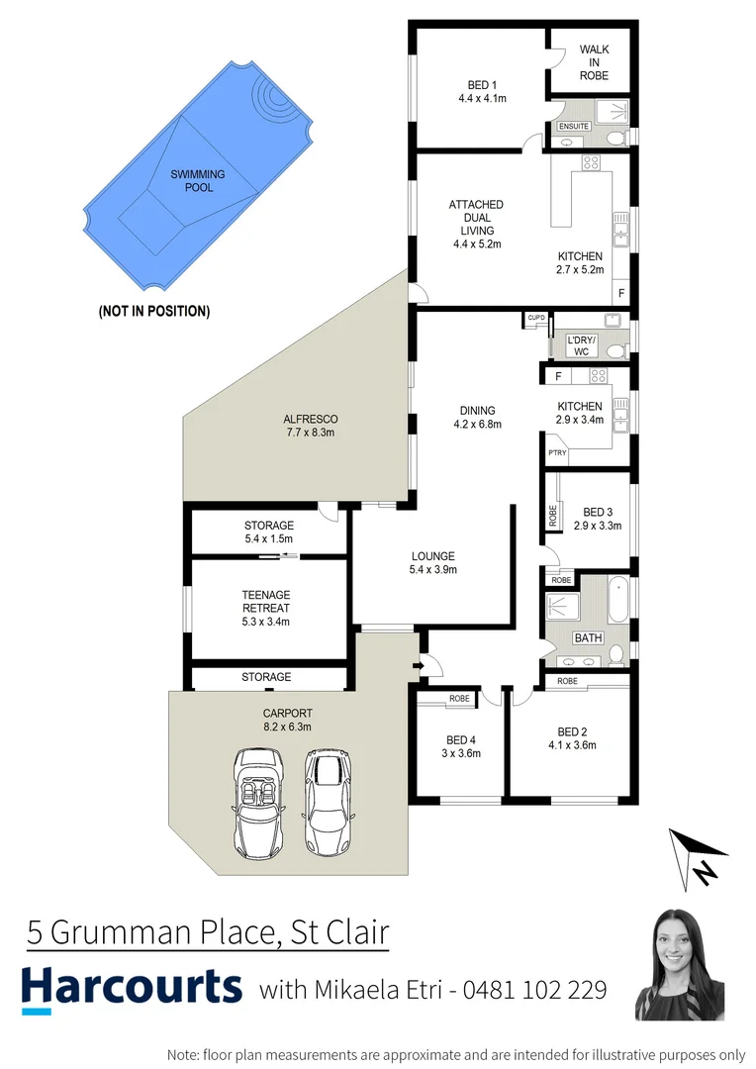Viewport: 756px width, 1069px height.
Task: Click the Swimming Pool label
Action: (x=198, y=181)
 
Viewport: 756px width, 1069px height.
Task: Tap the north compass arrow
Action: (x=700, y=857)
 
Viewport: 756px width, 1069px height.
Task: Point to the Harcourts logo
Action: (x=132, y=988)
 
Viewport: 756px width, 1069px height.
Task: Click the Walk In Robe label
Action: (x=594, y=61)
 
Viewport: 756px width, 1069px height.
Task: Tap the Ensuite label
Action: (x=574, y=127)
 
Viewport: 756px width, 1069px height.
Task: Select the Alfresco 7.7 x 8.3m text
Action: (x=311, y=426)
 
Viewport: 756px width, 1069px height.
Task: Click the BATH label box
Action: (x=588, y=637)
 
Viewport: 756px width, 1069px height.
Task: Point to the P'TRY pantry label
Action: (x=557, y=453)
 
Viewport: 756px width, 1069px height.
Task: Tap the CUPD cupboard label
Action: (x=536, y=318)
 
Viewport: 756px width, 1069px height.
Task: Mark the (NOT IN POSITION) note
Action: (x=153, y=311)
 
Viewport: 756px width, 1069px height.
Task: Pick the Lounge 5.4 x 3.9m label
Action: (x=431, y=562)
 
